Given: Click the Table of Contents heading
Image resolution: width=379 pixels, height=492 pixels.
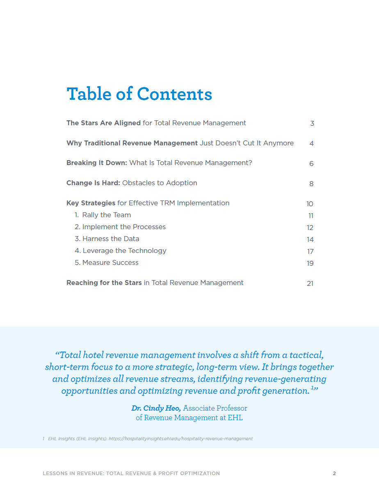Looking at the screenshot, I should point(139,94).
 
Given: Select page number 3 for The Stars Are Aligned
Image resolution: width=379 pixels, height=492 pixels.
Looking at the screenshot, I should point(312,123).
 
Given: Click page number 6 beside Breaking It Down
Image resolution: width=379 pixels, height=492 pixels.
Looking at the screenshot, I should point(311,163).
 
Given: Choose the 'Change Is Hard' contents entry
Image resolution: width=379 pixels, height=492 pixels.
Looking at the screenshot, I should point(132,183).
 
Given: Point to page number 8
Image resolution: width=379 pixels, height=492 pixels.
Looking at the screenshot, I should point(311,184).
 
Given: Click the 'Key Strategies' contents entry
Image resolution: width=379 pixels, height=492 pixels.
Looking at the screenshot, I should point(148,203).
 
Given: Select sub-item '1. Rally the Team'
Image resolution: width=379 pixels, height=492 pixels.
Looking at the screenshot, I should point(103,215).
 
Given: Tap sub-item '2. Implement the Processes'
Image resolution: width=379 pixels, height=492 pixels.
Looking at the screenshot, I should point(120,227).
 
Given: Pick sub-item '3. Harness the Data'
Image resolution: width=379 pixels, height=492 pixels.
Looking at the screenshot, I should point(107,239).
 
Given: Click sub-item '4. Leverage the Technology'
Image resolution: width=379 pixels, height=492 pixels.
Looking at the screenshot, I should point(120,251).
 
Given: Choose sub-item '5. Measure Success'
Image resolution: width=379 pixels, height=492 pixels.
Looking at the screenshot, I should point(106,262).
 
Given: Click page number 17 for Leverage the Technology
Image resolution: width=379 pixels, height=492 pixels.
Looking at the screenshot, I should point(310,251).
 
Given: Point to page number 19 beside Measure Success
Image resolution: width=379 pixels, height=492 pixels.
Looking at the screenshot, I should point(310,263).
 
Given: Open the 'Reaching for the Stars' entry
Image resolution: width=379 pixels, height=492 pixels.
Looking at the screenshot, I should point(155,283).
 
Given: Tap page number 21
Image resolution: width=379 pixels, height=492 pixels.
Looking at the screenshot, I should point(310,283).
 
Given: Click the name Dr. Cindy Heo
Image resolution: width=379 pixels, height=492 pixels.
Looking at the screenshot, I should point(156,408).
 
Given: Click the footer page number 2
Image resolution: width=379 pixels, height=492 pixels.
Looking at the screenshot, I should point(334,474).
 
